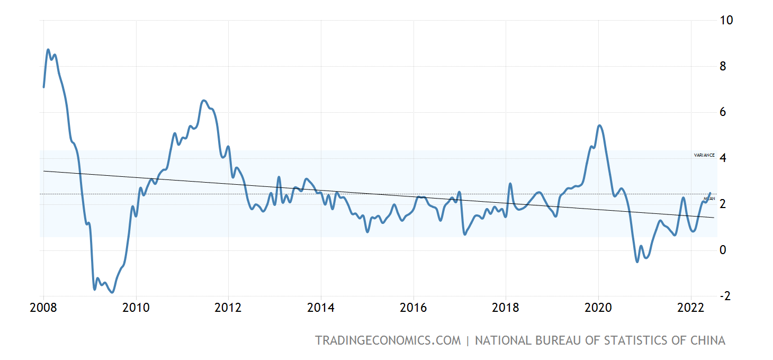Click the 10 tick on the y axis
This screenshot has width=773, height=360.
pos(726,21)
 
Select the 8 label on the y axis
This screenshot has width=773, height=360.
pos(723,67)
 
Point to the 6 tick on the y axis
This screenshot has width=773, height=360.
pos(723,112)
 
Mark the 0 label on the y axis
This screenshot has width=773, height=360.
pos(723,250)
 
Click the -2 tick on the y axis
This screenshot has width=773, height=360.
pos(725,296)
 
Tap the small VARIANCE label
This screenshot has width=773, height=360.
pos(704,155)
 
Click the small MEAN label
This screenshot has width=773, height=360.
pos(709,199)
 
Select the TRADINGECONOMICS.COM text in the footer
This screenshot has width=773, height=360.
pos(388,340)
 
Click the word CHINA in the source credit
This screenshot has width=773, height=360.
pos(706,340)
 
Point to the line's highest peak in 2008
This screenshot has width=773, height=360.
pos(48,50)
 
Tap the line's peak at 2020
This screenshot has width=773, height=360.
pos(599,125)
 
